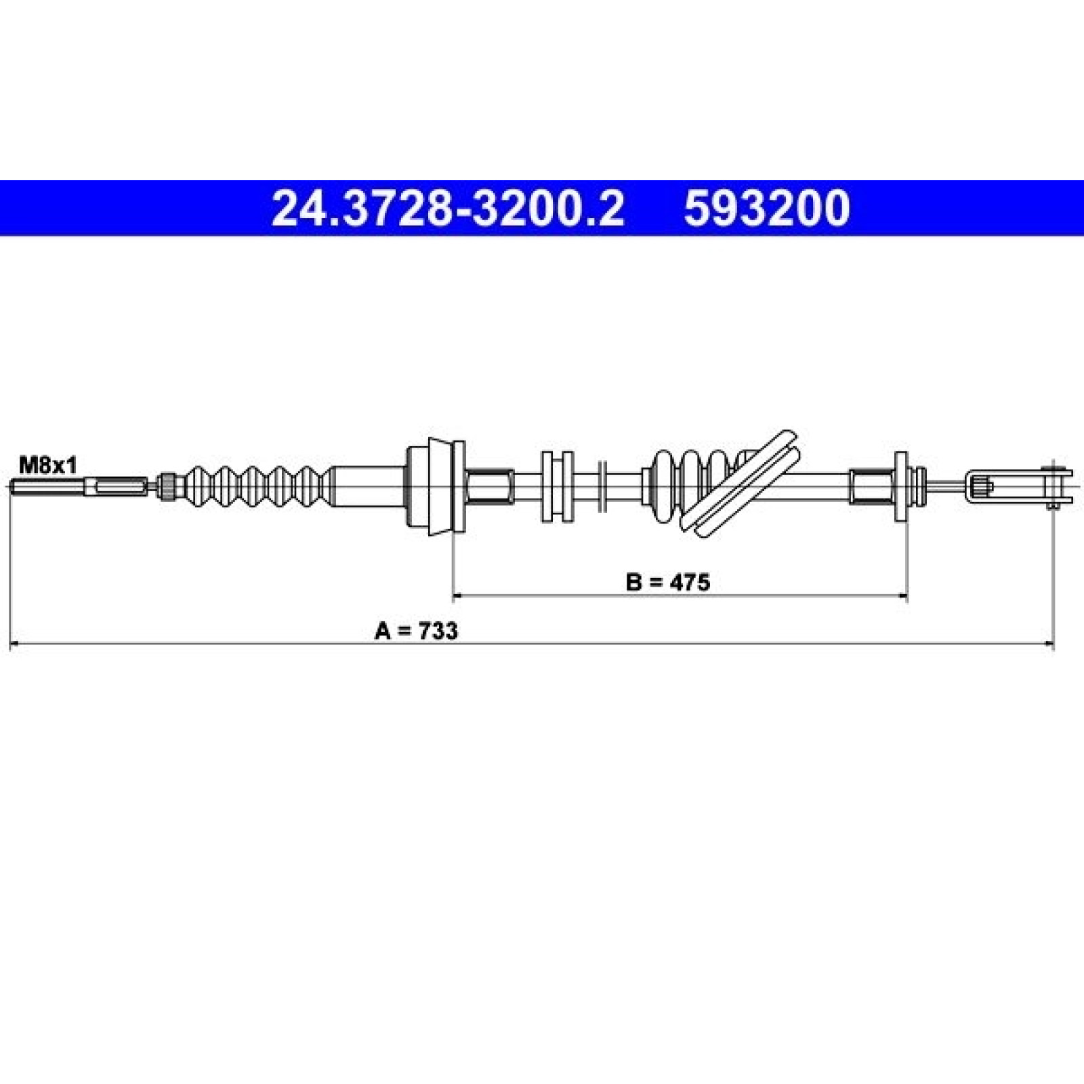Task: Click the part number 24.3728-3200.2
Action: click(x=446, y=208)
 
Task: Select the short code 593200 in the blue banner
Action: click(x=766, y=208)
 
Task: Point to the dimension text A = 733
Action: click(x=416, y=631)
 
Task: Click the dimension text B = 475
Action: click(x=668, y=582)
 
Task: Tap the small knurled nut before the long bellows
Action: click(x=166, y=486)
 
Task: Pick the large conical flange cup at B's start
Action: click(x=435, y=486)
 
